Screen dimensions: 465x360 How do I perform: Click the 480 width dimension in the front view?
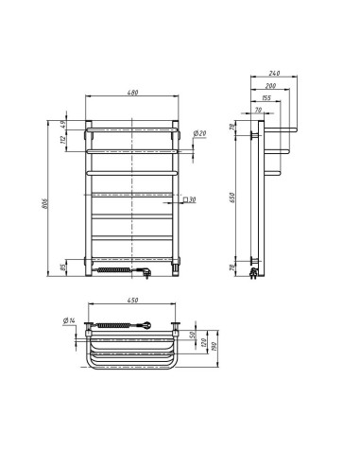tap(131, 91)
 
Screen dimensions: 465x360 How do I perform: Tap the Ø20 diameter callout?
tap(201, 133)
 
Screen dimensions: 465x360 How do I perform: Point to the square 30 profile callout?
tap(191, 199)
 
